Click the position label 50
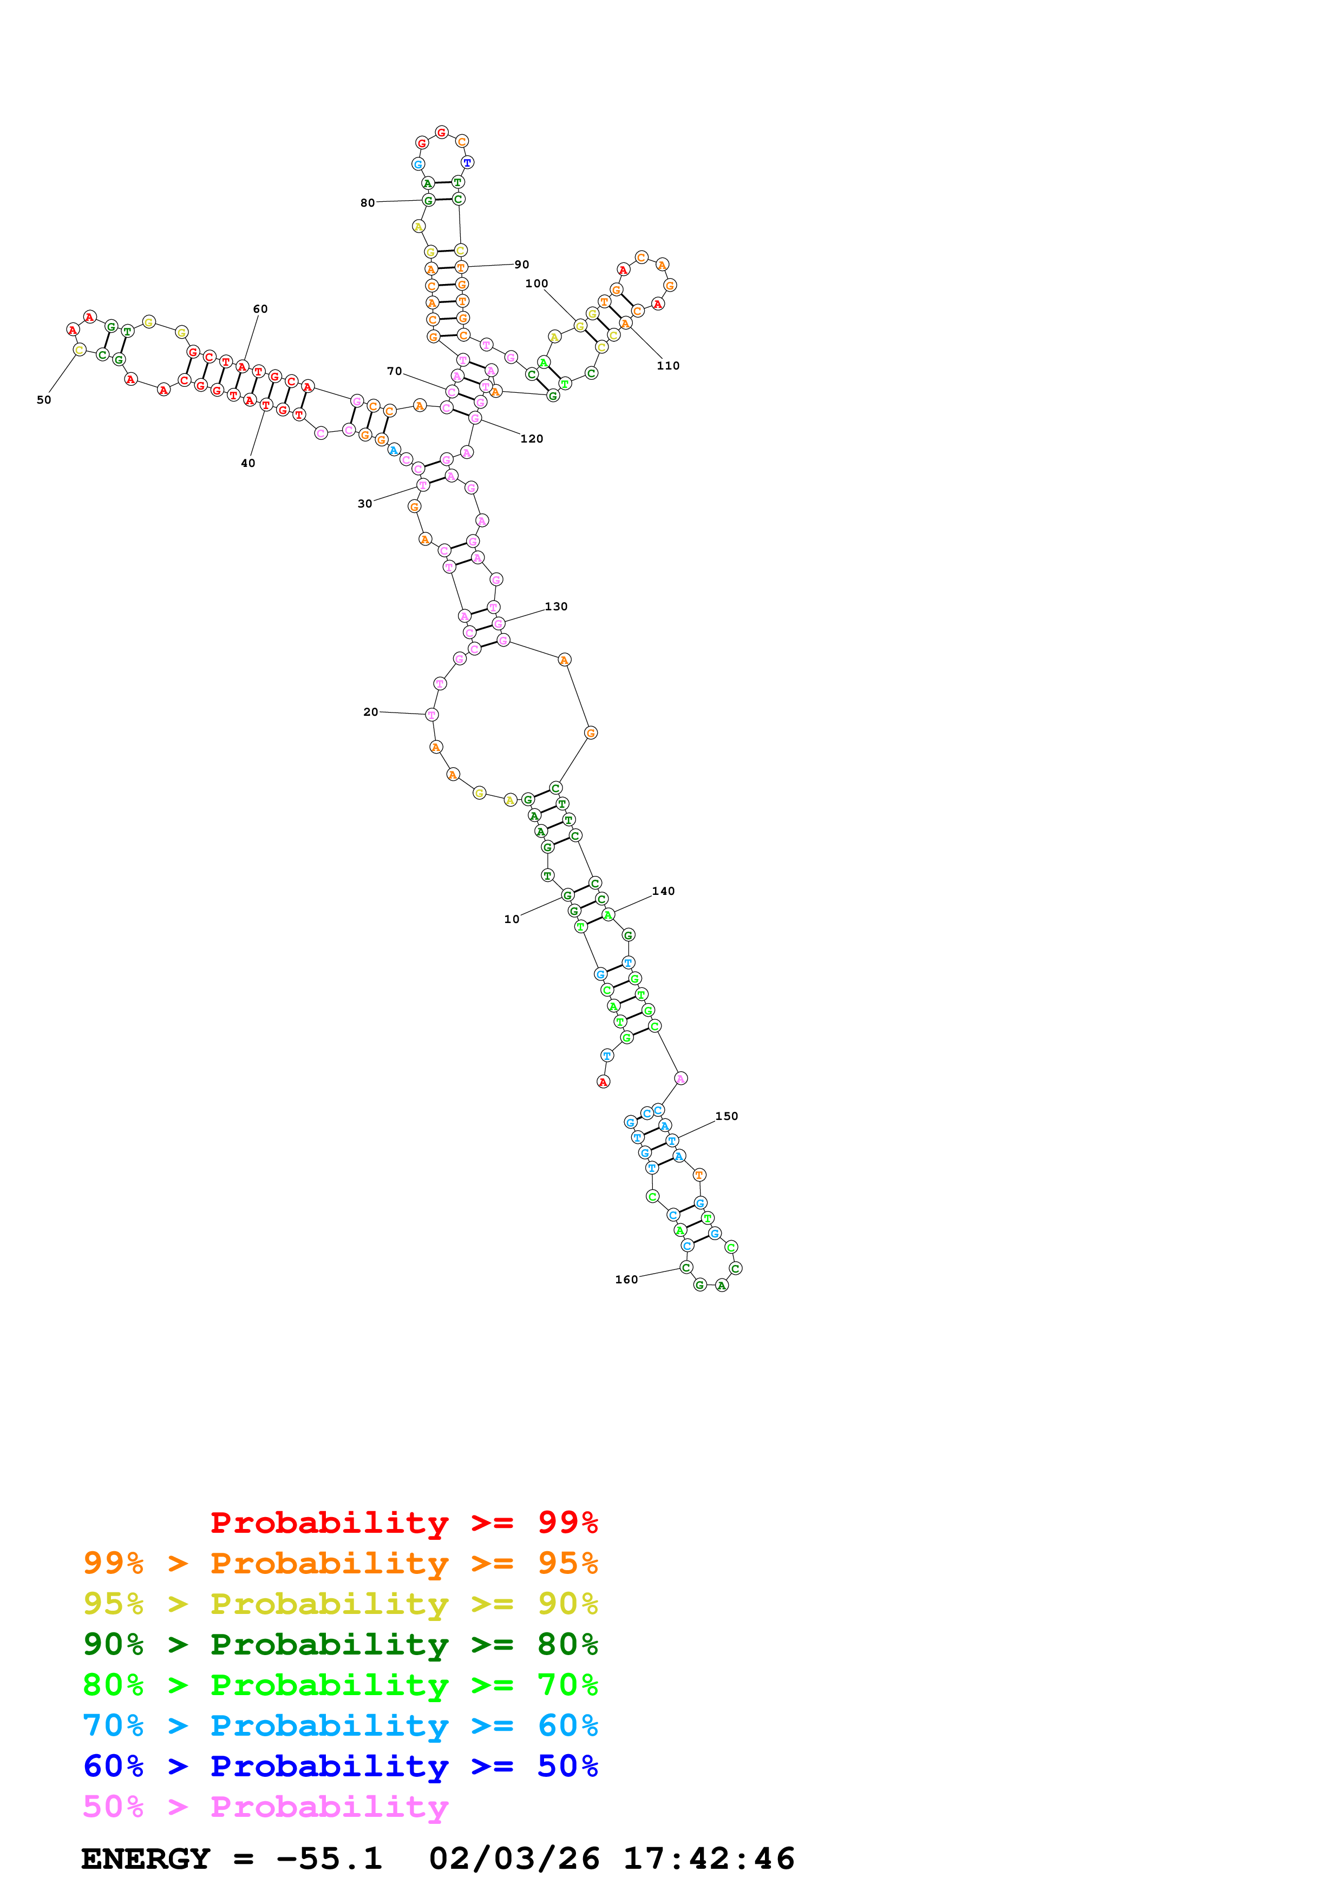click(44, 400)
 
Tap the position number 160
click(626, 1280)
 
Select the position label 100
click(536, 284)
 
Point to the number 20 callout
click(370, 712)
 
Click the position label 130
click(555, 607)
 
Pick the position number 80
click(367, 202)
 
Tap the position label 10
click(512, 919)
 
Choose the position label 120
click(532, 439)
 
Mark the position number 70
click(395, 371)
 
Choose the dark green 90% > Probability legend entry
click(340, 1644)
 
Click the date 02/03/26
click(514, 1859)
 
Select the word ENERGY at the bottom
click(146, 1859)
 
